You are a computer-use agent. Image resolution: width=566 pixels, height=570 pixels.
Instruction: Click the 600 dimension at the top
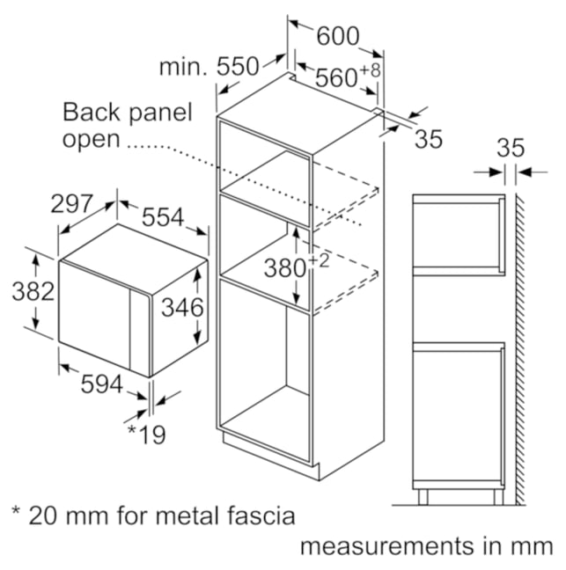(x=338, y=36)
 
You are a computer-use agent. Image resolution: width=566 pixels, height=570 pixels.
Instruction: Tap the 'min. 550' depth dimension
(x=209, y=67)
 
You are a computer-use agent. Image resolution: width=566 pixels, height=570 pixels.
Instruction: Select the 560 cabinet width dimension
(x=336, y=77)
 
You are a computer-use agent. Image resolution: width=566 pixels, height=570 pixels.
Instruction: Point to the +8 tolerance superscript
(x=371, y=70)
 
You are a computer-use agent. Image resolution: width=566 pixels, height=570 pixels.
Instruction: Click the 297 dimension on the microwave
(x=71, y=204)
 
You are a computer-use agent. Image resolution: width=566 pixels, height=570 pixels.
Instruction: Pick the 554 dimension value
(x=163, y=218)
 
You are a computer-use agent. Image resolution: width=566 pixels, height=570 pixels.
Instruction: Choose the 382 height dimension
(x=33, y=291)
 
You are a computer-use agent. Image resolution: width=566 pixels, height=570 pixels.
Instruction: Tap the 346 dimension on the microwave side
(x=182, y=308)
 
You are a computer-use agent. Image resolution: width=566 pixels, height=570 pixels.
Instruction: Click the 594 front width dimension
(x=102, y=384)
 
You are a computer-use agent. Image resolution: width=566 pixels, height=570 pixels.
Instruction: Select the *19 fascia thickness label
(x=147, y=435)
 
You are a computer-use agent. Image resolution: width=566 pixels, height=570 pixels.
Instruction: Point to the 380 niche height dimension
(x=285, y=268)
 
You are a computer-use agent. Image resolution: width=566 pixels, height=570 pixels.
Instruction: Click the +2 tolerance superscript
(x=319, y=261)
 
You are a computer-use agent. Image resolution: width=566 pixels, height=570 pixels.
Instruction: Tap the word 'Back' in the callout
(x=91, y=112)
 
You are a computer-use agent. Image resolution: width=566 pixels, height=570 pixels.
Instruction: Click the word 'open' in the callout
(x=91, y=140)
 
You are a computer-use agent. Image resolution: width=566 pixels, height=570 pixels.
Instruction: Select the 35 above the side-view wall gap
(x=511, y=148)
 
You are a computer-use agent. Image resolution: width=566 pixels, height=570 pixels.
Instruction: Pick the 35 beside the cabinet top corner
(x=429, y=139)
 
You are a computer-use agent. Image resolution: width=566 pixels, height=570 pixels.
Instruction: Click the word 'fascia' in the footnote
(x=261, y=515)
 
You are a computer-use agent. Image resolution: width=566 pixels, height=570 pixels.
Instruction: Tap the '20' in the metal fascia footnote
(x=43, y=515)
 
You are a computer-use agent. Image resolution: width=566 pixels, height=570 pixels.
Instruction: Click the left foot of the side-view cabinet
(x=423, y=497)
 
